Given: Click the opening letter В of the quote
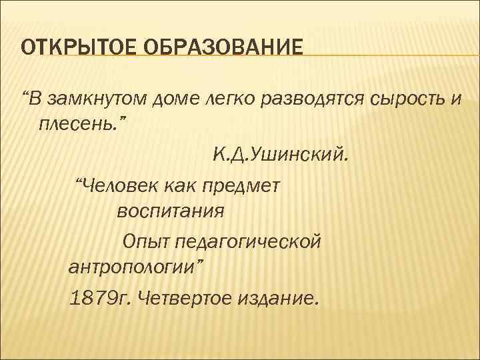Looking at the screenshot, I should [34, 99].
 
